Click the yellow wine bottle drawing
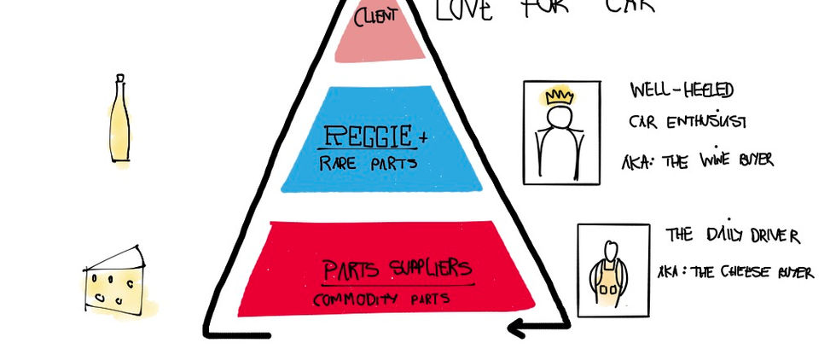pyautogui.click(x=119, y=124)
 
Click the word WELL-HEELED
pyautogui.click(x=682, y=90)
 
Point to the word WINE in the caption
pyautogui.click(x=714, y=160)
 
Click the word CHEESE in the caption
pyautogui.click(x=746, y=272)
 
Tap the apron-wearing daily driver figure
pyautogui.click(x=607, y=271)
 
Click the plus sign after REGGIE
pyautogui.click(x=423, y=136)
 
